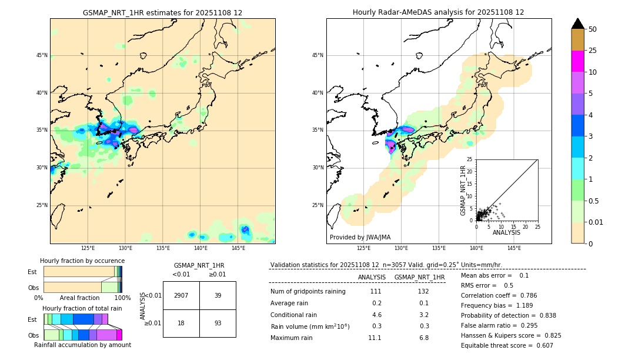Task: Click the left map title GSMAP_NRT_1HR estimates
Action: (162, 12)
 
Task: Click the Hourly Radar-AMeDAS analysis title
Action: (438, 12)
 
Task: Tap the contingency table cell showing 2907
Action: (181, 295)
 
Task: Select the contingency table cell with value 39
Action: (218, 295)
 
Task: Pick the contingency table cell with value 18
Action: (181, 323)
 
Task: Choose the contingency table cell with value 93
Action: (218, 323)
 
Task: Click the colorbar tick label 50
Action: (593, 29)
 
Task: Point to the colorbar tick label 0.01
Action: (596, 222)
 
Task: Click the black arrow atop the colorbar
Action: (578, 24)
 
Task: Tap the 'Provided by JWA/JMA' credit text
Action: (360, 238)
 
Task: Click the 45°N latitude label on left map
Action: (42, 55)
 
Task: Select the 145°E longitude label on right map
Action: (514, 248)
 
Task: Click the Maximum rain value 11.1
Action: (375, 338)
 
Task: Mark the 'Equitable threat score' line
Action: (507, 346)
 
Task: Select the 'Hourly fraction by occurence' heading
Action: (82, 261)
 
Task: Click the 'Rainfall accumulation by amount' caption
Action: (83, 345)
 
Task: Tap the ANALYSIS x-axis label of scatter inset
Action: (506, 232)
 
